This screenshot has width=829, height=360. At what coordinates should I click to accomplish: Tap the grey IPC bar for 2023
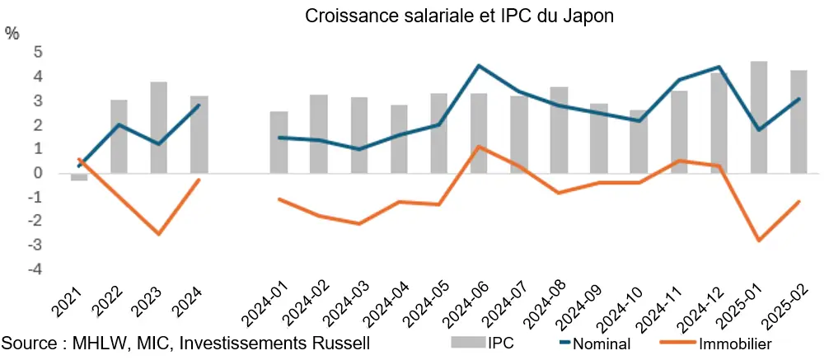[159, 128]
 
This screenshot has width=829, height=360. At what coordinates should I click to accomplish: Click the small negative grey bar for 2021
[79, 177]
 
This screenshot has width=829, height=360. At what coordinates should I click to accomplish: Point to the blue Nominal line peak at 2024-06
[479, 66]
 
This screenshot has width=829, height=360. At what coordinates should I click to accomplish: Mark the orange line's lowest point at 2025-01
[759, 241]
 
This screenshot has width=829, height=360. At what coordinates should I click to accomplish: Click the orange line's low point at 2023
[159, 234]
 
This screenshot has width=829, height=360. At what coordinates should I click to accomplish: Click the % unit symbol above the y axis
[12, 33]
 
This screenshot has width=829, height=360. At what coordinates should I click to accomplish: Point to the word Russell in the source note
[334, 343]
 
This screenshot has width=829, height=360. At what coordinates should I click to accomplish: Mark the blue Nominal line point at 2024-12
[719, 68]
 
